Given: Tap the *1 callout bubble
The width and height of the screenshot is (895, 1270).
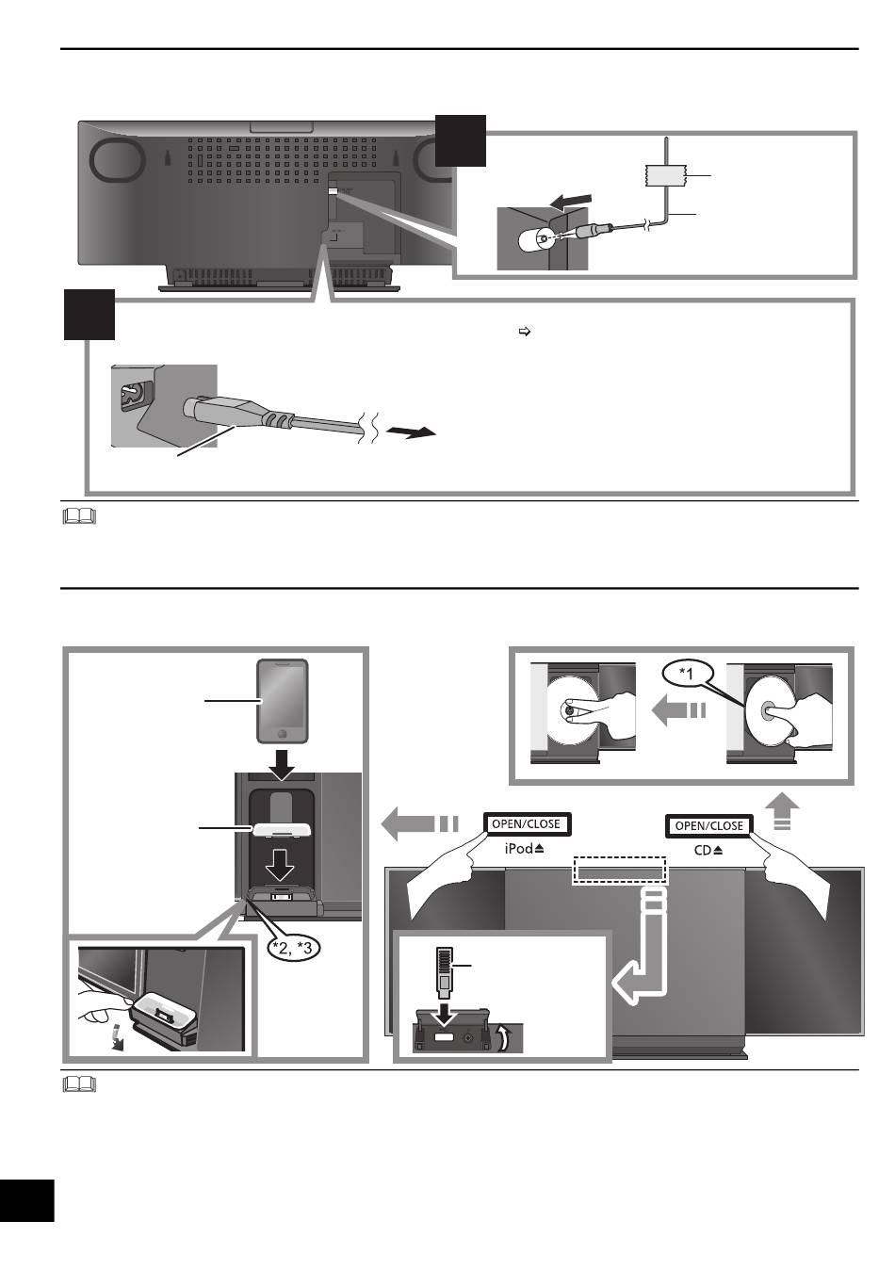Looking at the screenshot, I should click(688, 674).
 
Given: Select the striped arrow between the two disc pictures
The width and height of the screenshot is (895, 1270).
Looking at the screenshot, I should click(679, 711).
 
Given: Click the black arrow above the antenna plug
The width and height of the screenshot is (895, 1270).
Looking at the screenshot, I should click(573, 202).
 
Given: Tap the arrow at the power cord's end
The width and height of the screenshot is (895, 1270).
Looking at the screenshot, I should click(415, 431).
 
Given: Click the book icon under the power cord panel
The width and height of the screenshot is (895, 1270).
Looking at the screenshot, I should click(82, 516).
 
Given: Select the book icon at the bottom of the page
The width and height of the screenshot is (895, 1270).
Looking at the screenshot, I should click(82, 1085).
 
